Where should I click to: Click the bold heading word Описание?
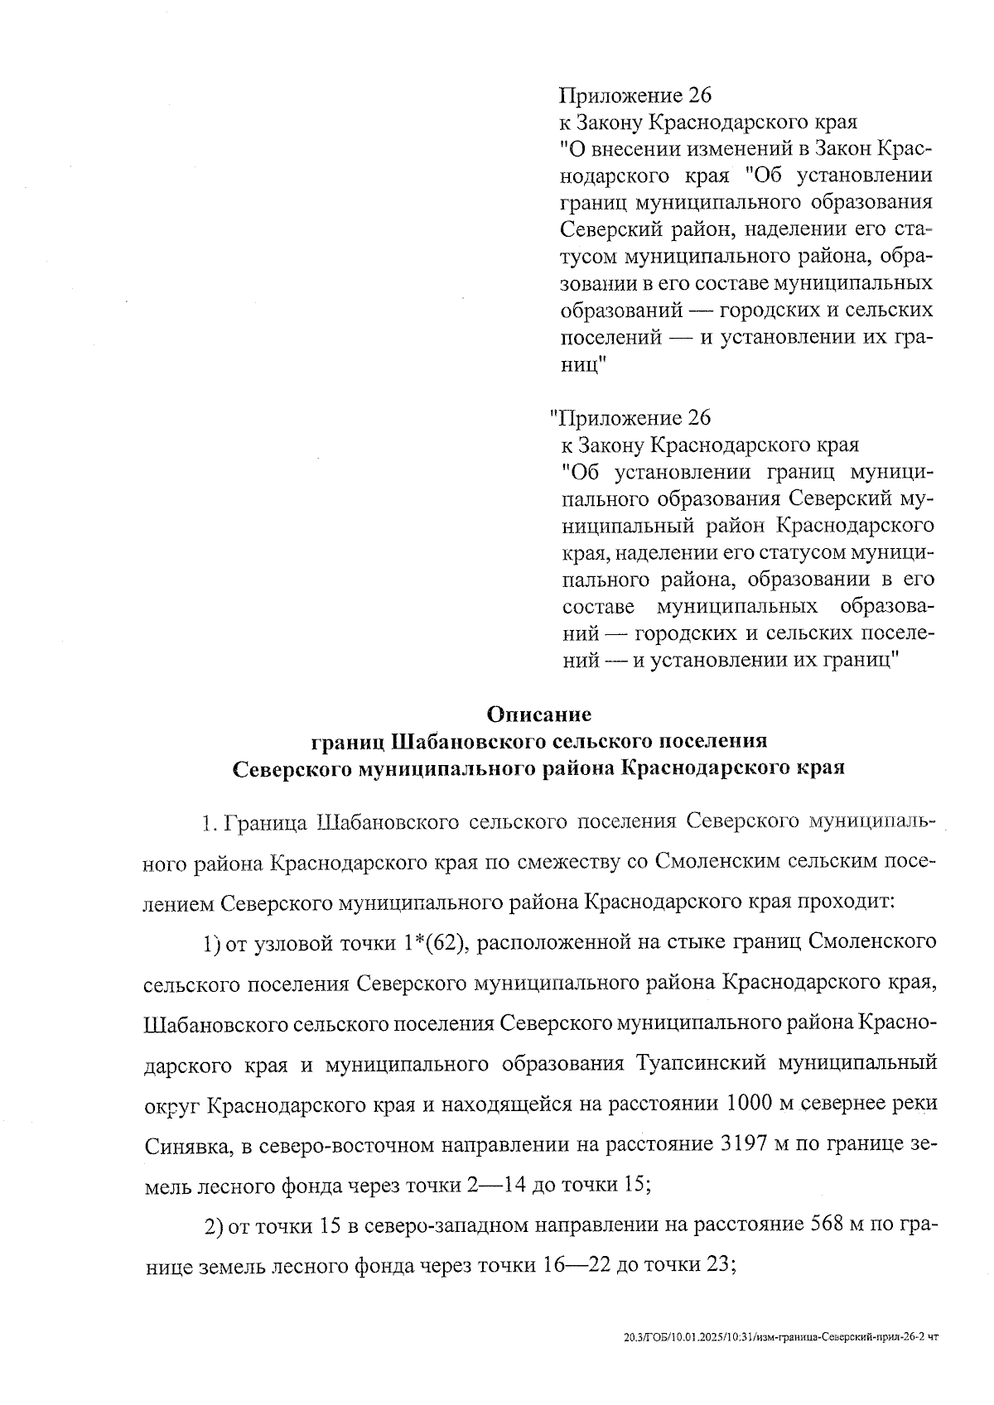539,713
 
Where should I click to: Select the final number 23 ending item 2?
721,1266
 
